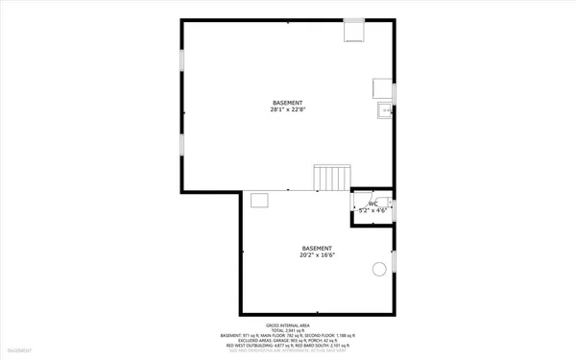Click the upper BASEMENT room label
287,102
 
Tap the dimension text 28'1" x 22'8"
287,109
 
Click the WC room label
372,204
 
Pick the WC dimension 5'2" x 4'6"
372,210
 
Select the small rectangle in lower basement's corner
259,200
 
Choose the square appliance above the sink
381,88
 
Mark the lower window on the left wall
181,144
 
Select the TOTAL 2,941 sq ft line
287,329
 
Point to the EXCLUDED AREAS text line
287,340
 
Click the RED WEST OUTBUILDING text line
287,346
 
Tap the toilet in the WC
390,204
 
